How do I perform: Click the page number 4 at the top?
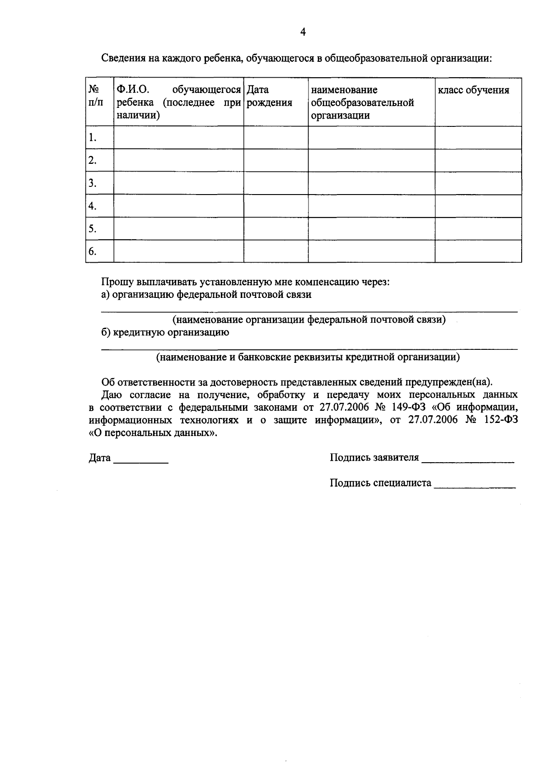pos(303,32)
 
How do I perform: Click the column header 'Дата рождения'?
pos(270,96)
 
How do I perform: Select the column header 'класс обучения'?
pos(473,90)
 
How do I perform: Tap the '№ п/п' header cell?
pos(95,96)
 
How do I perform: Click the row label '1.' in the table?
pos(93,137)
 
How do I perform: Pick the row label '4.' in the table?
pos(93,206)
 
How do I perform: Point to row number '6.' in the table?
pos(93,251)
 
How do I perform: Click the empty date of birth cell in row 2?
pos(276,160)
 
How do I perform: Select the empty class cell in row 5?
pos(478,228)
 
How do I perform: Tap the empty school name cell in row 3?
pos(371,183)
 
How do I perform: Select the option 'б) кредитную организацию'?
pos(165,333)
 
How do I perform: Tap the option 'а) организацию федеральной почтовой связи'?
pos(206,295)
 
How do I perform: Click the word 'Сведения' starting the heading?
pos(121,58)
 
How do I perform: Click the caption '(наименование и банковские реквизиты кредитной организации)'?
pos(308,357)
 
